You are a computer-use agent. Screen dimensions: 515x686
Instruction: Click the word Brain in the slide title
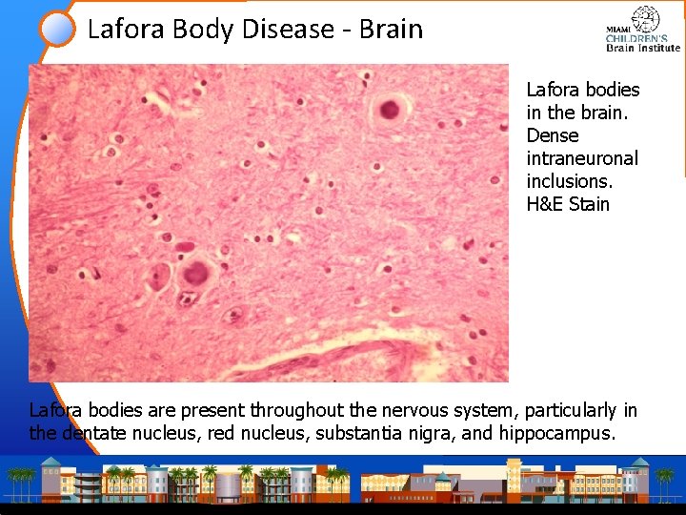point(391,29)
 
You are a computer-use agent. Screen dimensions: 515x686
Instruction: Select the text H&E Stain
point(568,203)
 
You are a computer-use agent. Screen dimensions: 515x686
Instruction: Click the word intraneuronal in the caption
point(582,157)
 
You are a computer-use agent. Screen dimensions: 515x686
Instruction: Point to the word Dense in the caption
point(553,134)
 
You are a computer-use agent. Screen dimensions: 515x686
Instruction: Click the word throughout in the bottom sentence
point(290,411)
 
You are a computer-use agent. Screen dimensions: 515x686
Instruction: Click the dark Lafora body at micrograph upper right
point(389,109)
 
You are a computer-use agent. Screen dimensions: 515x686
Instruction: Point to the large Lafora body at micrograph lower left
point(195,275)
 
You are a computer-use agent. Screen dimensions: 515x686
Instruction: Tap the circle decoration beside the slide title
point(58,28)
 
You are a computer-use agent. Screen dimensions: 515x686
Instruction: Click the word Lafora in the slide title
point(126,29)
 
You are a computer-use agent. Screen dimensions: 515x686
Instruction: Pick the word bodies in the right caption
point(612,90)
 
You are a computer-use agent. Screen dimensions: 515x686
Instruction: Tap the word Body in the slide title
point(204,29)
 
